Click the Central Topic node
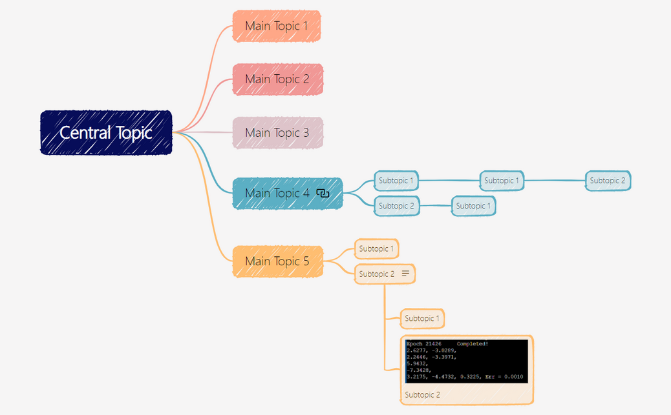(106, 132)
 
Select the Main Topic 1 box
(277, 26)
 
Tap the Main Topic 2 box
(277, 79)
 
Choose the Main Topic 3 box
(277, 132)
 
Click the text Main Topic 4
(277, 193)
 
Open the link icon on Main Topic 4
(323, 193)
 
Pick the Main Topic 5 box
(277, 261)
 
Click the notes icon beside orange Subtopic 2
(405, 274)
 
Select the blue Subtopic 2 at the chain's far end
(608, 181)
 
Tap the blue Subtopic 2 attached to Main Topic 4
(397, 206)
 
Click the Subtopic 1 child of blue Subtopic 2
(473, 206)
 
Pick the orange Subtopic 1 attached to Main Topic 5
(377, 248)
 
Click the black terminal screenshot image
(467, 361)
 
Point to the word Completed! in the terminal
(473, 343)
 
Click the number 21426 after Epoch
(433, 343)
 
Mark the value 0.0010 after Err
(513, 377)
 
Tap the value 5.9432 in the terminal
(417, 363)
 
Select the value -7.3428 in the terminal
(419, 370)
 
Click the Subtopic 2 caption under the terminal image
(422, 395)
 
